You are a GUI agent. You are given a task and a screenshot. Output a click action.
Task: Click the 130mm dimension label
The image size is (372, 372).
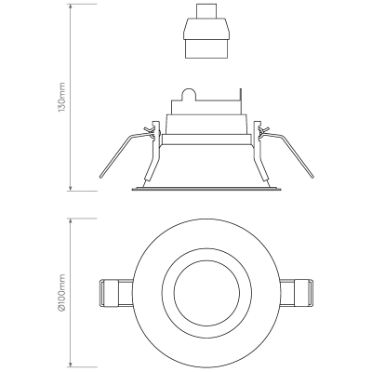pyautogui.click(x=62, y=97)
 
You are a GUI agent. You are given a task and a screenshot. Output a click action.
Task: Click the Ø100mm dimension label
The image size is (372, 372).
pyautogui.click(x=62, y=292)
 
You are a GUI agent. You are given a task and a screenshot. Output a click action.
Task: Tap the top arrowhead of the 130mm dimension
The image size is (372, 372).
pyautogui.click(x=71, y=7)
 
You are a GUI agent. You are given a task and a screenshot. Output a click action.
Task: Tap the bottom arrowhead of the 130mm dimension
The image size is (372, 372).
pyautogui.click(x=71, y=187)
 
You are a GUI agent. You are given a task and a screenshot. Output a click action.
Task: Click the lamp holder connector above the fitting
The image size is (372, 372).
pyautogui.click(x=206, y=31)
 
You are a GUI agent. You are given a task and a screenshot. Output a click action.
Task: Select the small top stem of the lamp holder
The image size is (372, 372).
pyautogui.click(x=206, y=11)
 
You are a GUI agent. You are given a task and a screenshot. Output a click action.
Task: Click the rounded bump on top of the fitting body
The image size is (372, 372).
pyautogui.click(x=189, y=94)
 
